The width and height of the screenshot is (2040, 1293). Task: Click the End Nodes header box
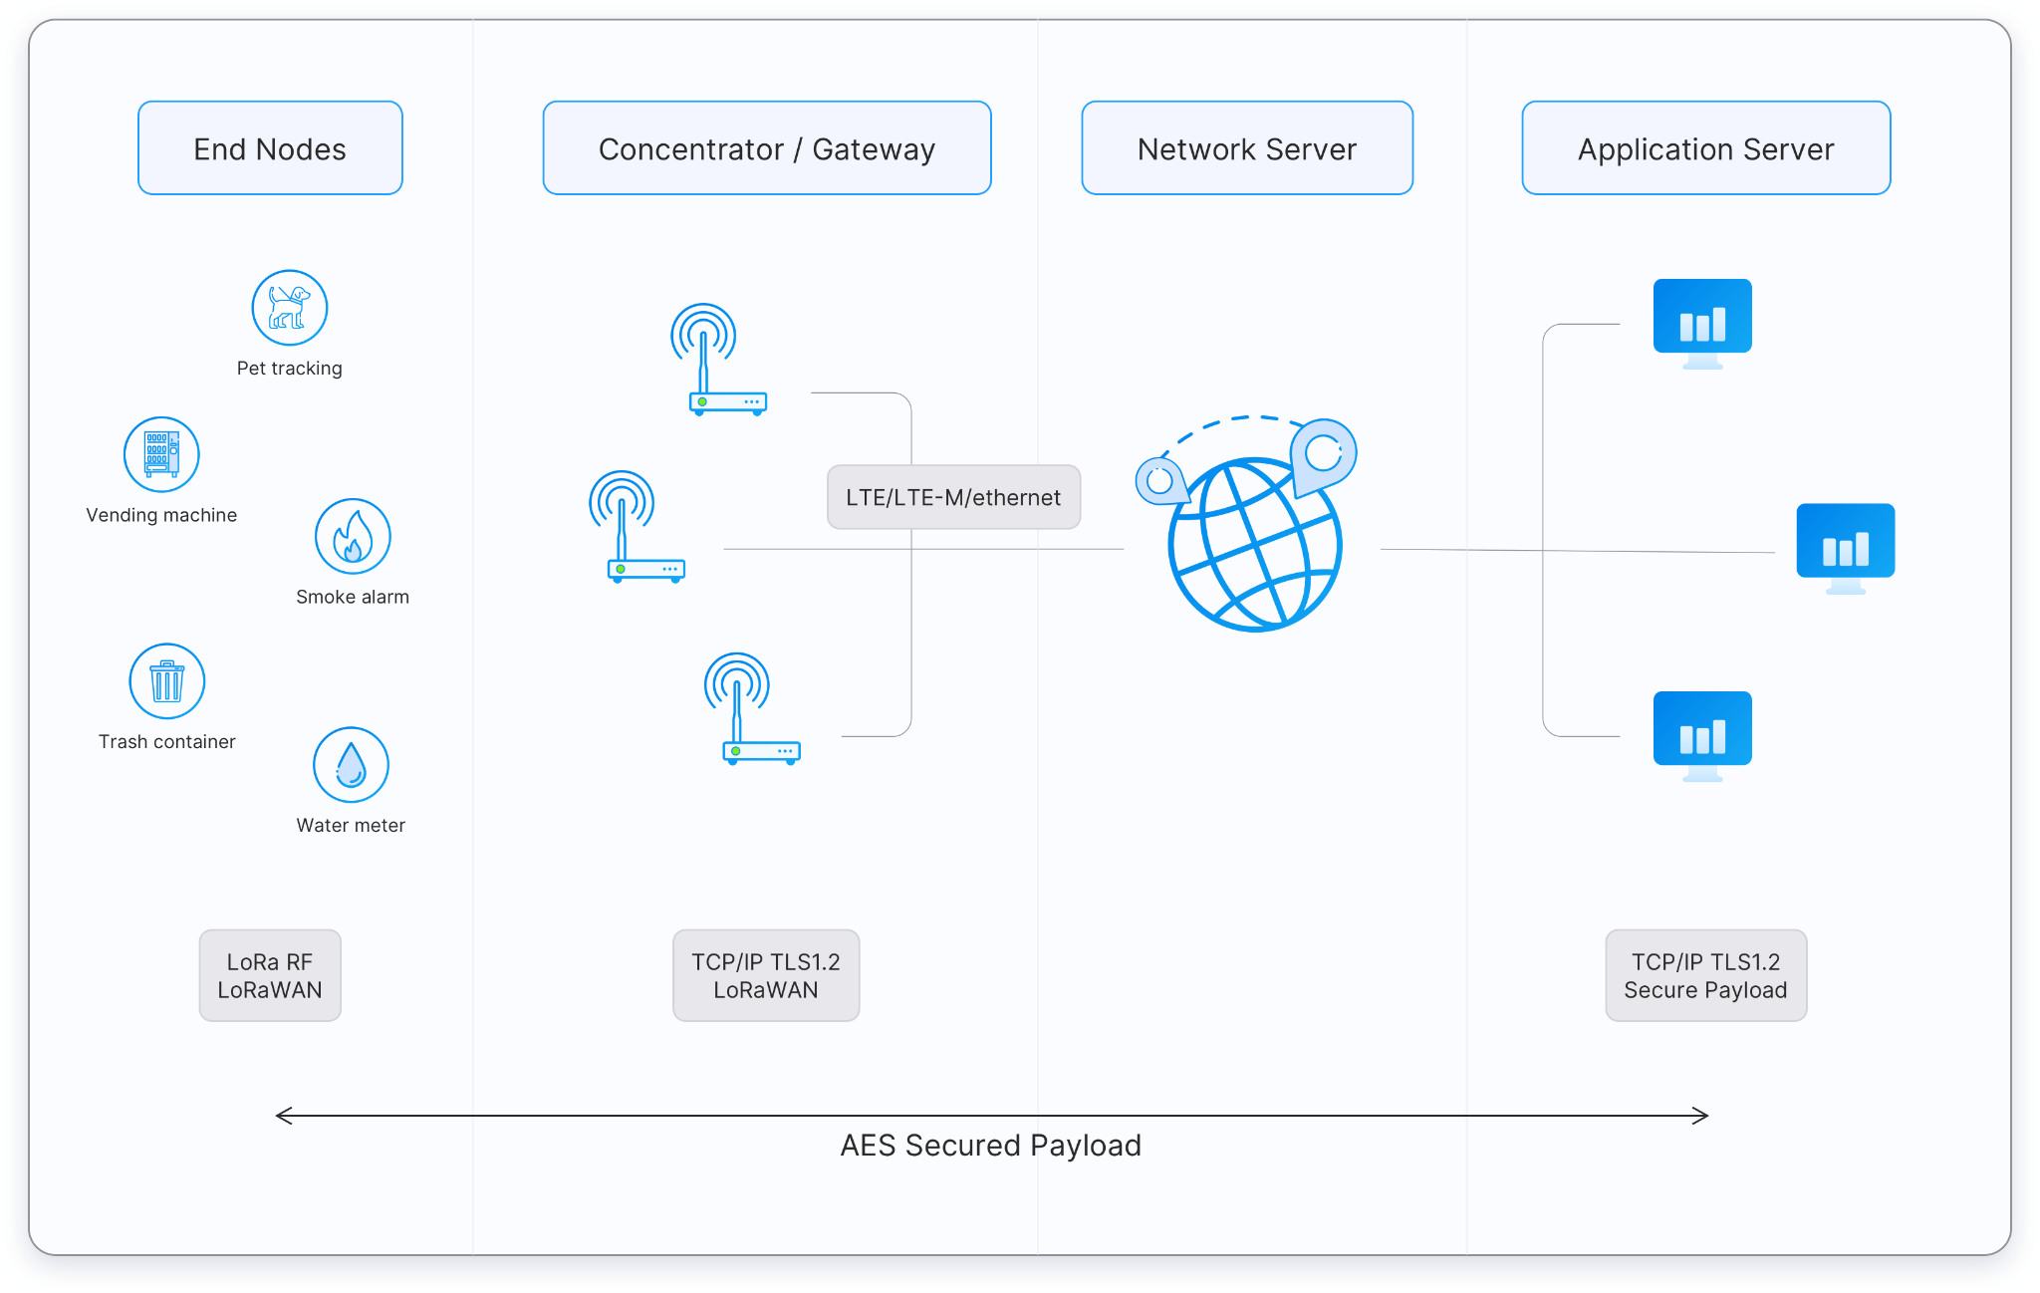coord(270,148)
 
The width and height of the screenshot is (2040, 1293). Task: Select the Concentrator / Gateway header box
coord(766,148)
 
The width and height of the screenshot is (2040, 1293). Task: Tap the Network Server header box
coord(1246,148)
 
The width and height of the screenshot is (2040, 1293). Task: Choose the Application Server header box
coord(1705,148)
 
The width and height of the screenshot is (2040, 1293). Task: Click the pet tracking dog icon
coord(289,308)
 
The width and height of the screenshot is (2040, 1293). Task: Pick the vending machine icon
coord(161,454)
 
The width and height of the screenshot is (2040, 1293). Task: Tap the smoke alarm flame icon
coord(353,536)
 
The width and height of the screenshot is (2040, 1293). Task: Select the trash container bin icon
coord(167,681)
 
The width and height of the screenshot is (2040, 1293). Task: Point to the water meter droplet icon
coord(351,765)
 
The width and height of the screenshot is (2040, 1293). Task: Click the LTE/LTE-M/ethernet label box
coord(953,497)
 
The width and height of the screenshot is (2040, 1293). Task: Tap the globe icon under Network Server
coord(1254,546)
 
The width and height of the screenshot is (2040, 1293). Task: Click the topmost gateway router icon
coord(718,361)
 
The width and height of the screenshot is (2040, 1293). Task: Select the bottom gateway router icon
coord(752,709)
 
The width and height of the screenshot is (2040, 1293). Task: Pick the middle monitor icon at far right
coord(1845,547)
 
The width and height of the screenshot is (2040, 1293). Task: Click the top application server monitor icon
coord(1702,322)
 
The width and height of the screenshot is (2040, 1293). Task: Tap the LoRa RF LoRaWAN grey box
coord(270,975)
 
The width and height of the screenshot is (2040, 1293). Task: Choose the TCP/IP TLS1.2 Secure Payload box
coord(1705,975)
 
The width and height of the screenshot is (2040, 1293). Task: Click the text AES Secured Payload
coord(990,1146)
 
